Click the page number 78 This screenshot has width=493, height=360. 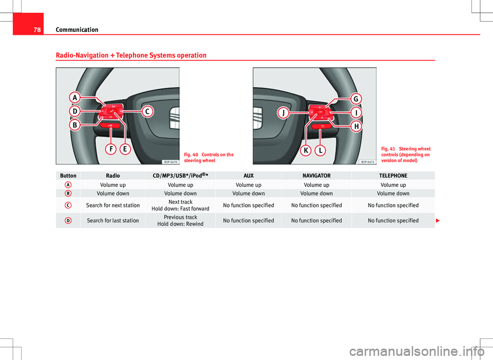click(37, 30)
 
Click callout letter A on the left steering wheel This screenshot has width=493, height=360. click(75, 98)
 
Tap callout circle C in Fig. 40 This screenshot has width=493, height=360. click(147, 111)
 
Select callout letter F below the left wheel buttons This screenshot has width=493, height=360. click(111, 149)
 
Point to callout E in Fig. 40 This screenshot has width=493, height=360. click(125, 149)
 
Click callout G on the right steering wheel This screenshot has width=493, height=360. click(356, 99)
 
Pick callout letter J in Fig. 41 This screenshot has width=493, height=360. click(283, 112)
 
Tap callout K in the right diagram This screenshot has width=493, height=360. click(306, 150)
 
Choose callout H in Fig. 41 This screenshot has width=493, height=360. click(356, 126)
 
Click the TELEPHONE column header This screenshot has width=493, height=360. click(393, 176)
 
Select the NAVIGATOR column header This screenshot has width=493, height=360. click(316, 176)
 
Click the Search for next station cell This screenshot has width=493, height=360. click(113, 205)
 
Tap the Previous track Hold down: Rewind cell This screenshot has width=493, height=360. click(180, 220)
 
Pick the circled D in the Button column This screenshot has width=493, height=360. click(68, 220)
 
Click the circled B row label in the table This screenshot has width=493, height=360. click(68, 193)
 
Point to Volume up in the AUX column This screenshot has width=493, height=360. click(249, 185)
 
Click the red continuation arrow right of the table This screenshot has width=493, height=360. click(438, 220)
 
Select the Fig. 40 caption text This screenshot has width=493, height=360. click(209, 158)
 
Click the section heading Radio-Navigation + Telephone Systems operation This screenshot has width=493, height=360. click(131, 55)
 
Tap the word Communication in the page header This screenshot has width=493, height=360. click(77, 30)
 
